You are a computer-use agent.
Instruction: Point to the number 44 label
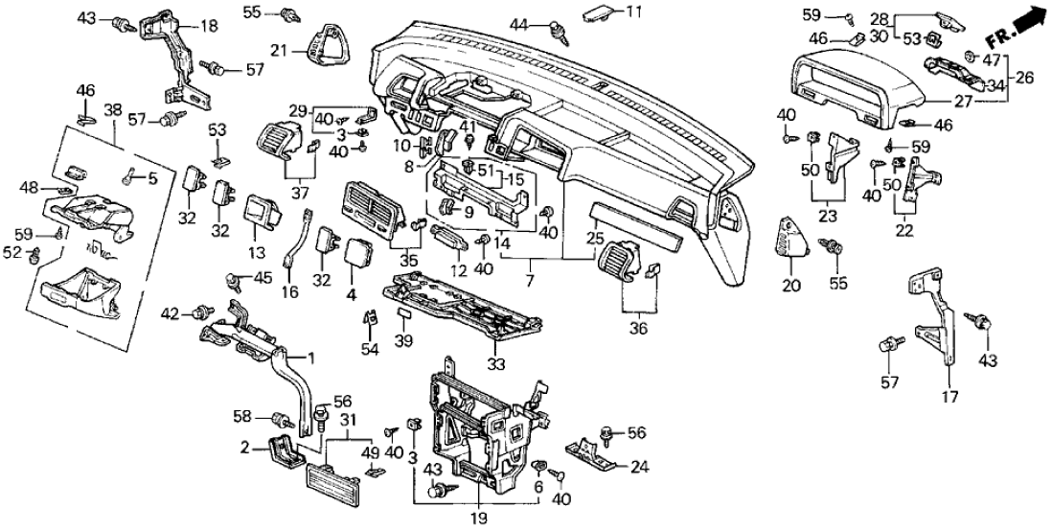click(519, 23)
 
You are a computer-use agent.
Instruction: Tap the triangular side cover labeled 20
click(793, 234)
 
